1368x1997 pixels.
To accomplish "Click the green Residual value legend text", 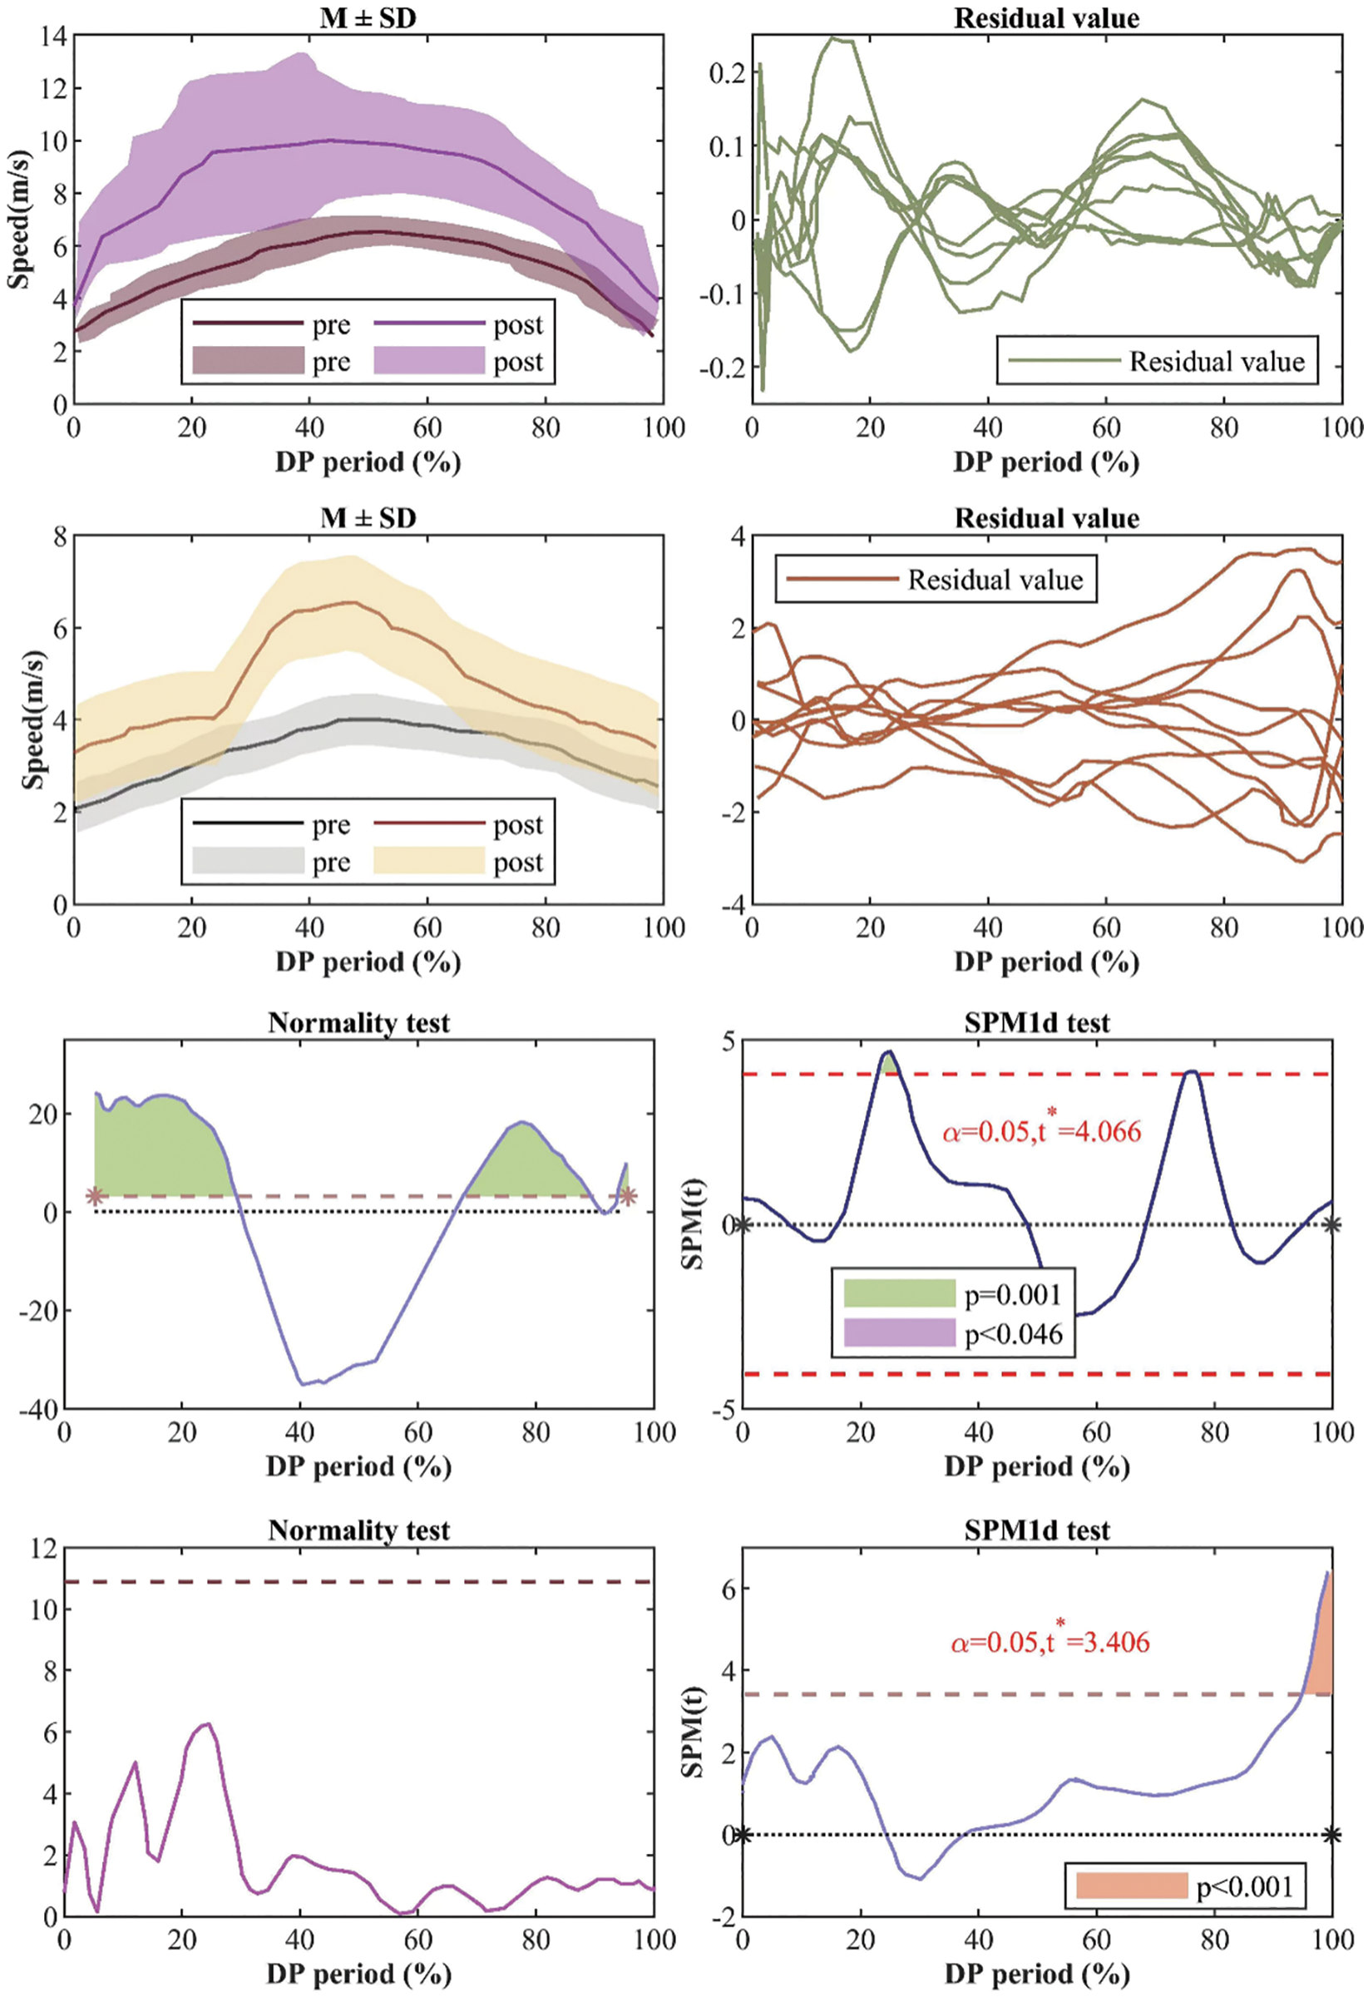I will pos(1216,361).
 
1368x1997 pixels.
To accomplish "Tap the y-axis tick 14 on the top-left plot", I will pos(52,36).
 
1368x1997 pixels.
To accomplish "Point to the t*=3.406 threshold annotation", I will pos(1049,1641).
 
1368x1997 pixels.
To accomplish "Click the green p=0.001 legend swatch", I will pos(899,1293).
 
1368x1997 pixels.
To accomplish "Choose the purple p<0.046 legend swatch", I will pos(899,1332).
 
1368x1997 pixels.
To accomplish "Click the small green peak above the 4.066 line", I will pos(890,1064).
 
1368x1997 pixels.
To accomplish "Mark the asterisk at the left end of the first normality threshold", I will pos(95,1195).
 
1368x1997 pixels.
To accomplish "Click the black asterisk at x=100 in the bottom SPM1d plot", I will pos(1331,1835).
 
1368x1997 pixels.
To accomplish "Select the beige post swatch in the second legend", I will pos(429,861).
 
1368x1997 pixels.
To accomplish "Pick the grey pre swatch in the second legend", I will pos(249,861).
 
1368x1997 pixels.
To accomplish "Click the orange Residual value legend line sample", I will pos(842,578).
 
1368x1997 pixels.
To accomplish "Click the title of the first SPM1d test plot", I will pos(1037,1022).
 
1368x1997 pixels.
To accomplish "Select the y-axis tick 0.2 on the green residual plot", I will pos(726,72).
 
